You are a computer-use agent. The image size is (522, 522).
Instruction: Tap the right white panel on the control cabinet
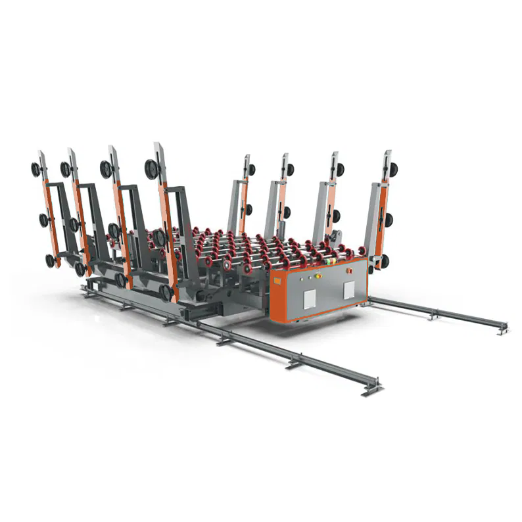pos(348,289)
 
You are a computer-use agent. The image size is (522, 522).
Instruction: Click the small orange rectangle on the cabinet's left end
pos(278,281)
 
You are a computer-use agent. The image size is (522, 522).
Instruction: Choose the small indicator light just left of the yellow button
pos(310,277)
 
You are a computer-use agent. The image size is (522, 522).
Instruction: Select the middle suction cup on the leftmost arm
pos(44,220)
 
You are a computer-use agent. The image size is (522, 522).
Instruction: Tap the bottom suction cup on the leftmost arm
pos(51,260)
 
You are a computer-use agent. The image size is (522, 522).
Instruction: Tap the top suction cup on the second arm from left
pos(66,169)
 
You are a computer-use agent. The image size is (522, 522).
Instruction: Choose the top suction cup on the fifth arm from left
pos(251,170)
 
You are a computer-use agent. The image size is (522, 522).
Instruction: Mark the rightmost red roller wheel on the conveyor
pos(360,252)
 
